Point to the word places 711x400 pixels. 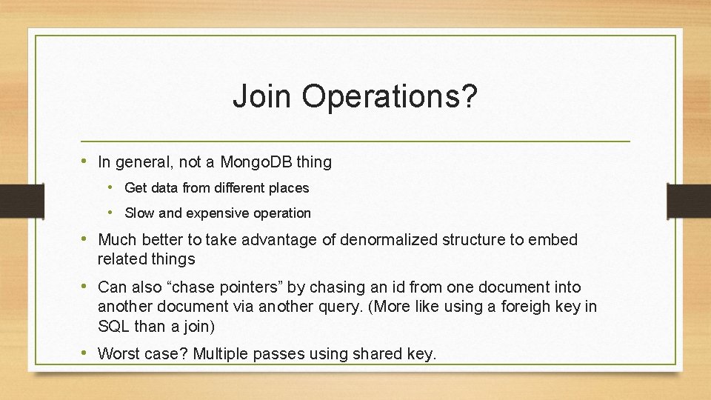[289, 188]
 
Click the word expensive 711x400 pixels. [218, 213]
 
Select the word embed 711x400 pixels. [555, 240]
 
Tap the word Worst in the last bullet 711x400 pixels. [119, 354]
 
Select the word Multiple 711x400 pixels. [221, 354]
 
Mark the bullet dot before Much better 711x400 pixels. [86, 239]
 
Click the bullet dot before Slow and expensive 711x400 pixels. [110, 213]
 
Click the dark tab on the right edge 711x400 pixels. [689, 201]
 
